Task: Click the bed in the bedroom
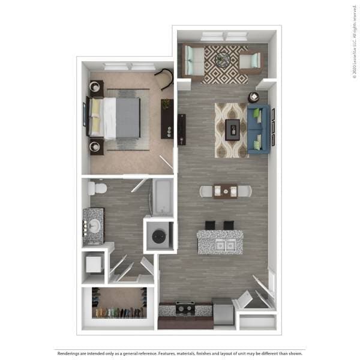[x=120, y=118]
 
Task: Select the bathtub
[x=162, y=197]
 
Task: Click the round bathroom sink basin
[x=94, y=226]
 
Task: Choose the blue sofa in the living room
[x=257, y=130]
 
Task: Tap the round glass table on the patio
[x=223, y=59]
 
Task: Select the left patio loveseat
[x=193, y=61]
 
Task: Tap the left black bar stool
[x=210, y=225]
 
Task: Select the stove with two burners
[x=185, y=308]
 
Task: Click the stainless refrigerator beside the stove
[x=222, y=310]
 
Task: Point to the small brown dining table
[x=225, y=191]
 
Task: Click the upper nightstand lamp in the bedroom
[x=95, y=87]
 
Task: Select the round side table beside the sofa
[x=254, y=97]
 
